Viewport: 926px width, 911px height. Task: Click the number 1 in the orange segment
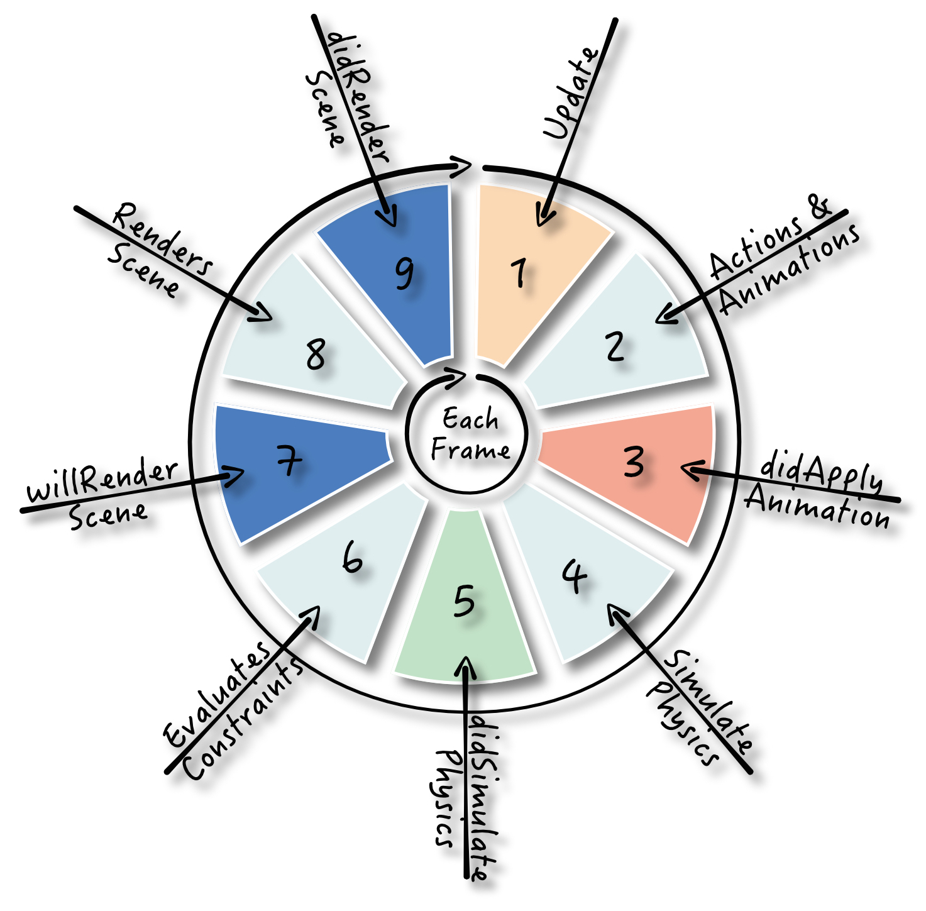point(519,273)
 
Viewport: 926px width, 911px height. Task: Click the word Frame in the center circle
point(470,450)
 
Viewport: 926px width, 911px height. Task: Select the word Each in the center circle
point(470,419)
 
